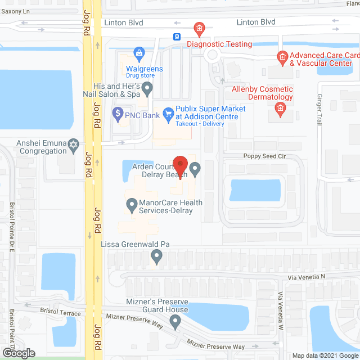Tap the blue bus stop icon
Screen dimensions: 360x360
click(x=177, y=37)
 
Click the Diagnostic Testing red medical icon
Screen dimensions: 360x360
click(x=198, y=28)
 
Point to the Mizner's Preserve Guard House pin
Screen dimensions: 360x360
click(x=175, y=322)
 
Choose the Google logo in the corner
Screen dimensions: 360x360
click(x=18, y=353)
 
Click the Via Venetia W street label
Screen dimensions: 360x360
click(x=281, y=313)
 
